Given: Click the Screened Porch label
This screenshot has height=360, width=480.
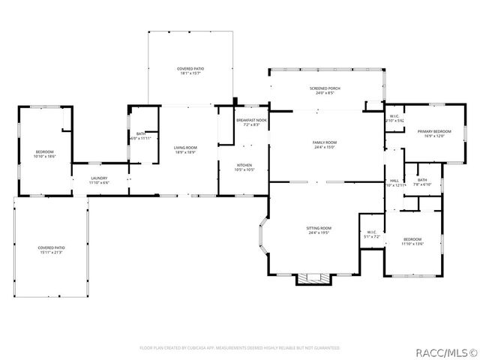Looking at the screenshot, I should [x=325, y=91].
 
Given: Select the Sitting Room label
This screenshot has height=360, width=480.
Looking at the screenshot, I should [x=319, y=230].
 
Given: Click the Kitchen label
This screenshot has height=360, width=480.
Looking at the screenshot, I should [x=244, y=167].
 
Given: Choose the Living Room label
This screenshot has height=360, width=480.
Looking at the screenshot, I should [x=185, y=149].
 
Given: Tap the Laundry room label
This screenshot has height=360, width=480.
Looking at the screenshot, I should [x=99, y=180].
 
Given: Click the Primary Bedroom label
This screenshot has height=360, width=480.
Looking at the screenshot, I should [x=435, y=133].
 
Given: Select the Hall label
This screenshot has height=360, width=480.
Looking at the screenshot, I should [x=394, y=182].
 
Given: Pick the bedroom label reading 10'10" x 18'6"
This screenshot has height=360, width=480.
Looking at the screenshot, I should [x=44, y=154].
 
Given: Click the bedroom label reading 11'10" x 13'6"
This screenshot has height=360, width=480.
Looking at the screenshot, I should [x=412, y=241].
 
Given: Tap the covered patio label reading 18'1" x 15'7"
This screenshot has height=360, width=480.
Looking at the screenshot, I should [x=190, y=70].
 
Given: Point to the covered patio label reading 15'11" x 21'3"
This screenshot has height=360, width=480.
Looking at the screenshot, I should [x=51, y=250].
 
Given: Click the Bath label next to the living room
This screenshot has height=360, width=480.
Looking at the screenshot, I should [x=141, y=136].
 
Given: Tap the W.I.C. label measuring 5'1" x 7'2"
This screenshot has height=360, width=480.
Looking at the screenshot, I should [x=372, y=235].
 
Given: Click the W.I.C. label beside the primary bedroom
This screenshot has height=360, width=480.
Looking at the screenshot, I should [x=394, y=118].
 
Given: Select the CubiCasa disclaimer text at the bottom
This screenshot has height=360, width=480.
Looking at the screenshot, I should [x=240, y=348].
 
